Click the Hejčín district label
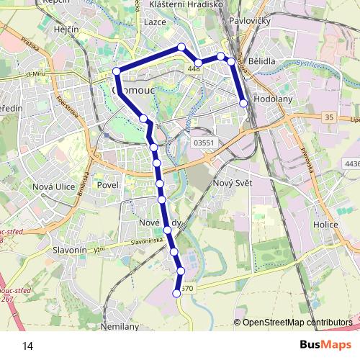point(66,30)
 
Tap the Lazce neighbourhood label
point(155,22)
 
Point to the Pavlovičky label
point(250,22)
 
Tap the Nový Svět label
point(231,184)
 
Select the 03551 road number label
point(204,143)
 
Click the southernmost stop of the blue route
point(176,293)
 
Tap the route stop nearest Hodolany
point(243,104)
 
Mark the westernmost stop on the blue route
point(117,71)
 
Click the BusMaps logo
point(325,345)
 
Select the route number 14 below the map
point(27,346)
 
